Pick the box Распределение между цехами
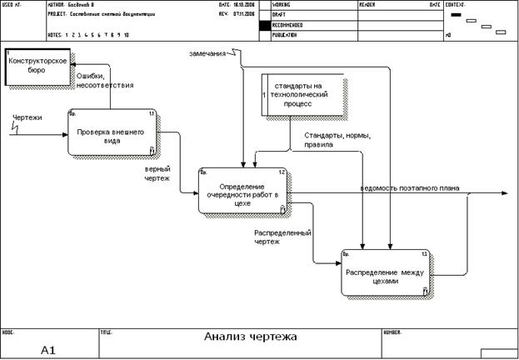pos(387,272)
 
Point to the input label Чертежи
pos(27,117)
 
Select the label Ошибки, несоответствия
pos(105,80)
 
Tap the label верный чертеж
pos(157,172)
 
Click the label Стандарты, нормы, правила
pos(337,140)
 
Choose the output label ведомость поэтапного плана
pos(411,187)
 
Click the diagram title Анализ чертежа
pos(250,337)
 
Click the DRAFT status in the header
pos(281,15)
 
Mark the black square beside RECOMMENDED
pos(265,26)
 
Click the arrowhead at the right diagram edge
pos(503,193)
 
